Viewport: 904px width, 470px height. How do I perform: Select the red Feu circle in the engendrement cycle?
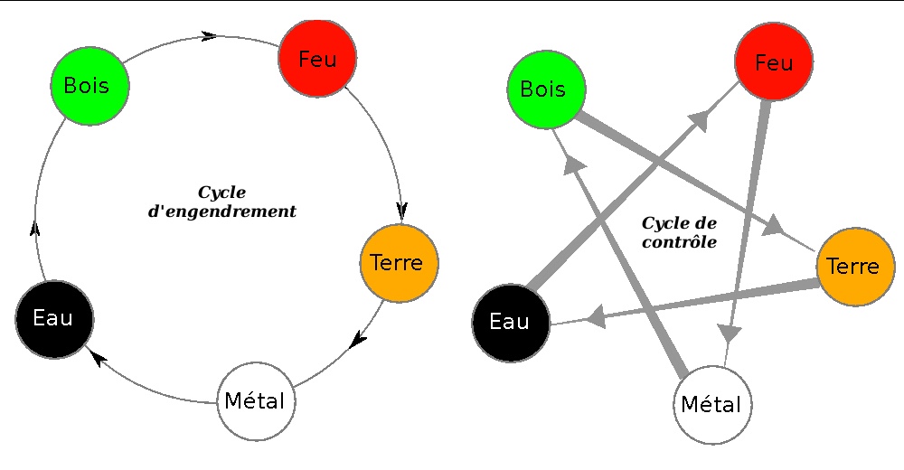tap(316, 59)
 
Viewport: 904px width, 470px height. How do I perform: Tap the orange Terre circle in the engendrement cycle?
tap(399, 263)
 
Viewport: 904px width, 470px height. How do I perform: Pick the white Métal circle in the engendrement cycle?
tap(256, 401)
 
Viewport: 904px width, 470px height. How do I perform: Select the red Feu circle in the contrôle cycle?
tap(774, 61)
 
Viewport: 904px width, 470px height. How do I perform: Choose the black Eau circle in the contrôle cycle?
tap(512, 322)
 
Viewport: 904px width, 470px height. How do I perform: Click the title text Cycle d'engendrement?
tap(221, 202)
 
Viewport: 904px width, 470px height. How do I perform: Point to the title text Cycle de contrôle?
tap(679, 232)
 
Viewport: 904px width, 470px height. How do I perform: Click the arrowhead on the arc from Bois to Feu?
tap(209, 36)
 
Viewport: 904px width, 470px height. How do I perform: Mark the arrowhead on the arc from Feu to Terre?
tap(401, 210)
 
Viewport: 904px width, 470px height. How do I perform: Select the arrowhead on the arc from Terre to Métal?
tap(359, 340)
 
